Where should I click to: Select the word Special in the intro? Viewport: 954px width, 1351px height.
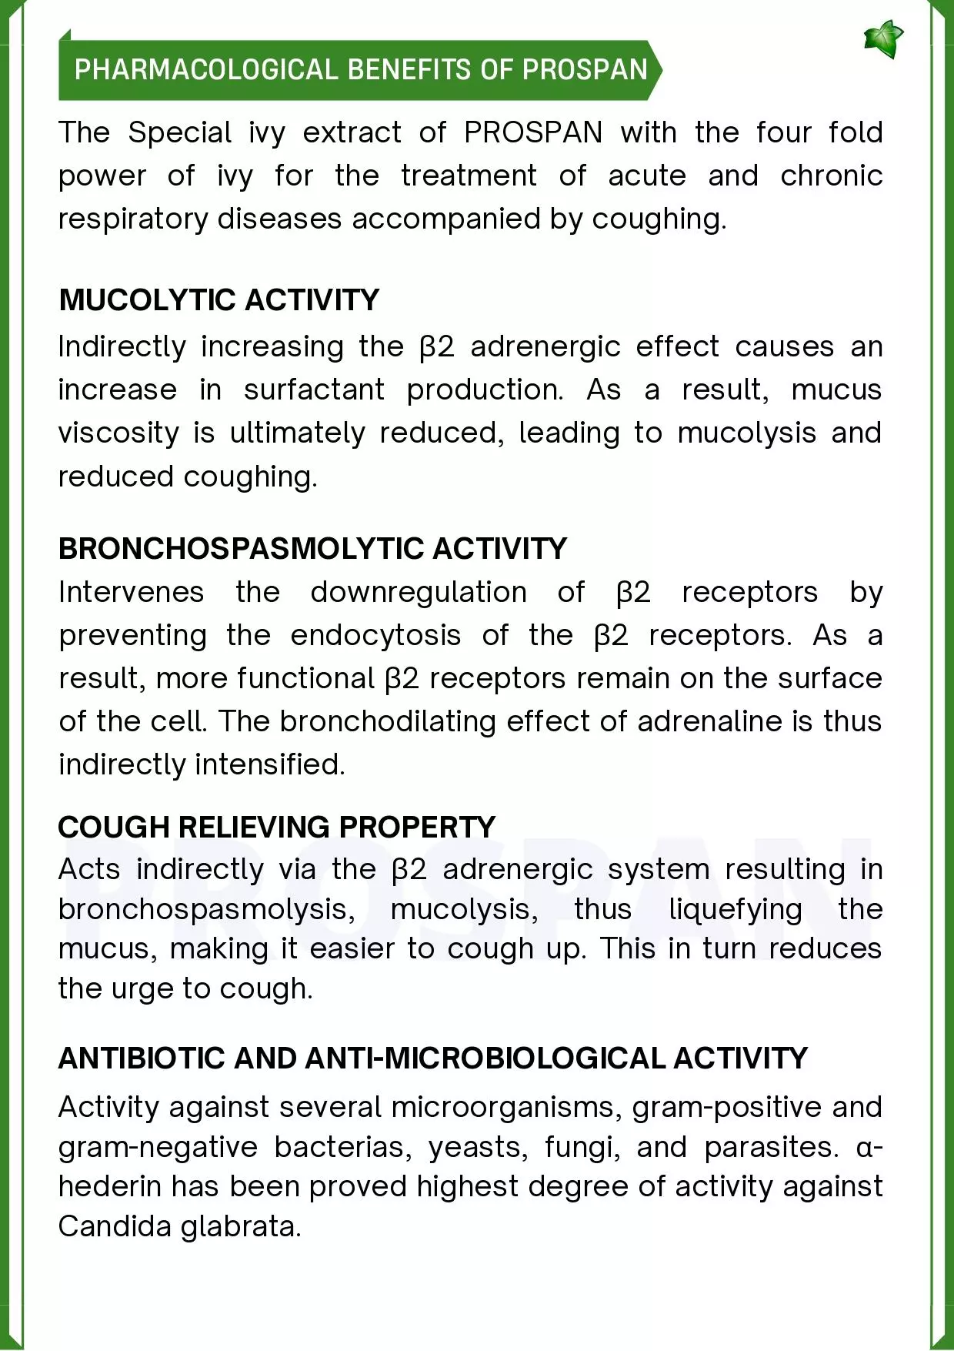tap(179, 132)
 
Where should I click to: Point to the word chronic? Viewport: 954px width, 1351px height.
tap(831, 176)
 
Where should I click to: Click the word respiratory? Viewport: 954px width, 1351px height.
tap(133, 219)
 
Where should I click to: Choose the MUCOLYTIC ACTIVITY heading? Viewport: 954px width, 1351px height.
tap(219, 300)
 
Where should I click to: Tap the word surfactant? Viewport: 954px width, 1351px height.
tap(314, 390)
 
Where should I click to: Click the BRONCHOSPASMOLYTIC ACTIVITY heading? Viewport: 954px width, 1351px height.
tap(312, 549)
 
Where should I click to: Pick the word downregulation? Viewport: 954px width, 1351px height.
tap(419, 592)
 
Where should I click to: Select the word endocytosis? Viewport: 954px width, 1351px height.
tap(375, 635)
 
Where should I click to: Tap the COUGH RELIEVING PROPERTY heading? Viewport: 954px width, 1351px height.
tap(276, 827)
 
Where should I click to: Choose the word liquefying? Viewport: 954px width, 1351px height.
tap(735, 909)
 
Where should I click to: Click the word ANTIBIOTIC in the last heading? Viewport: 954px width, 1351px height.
tap(142, 1058)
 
